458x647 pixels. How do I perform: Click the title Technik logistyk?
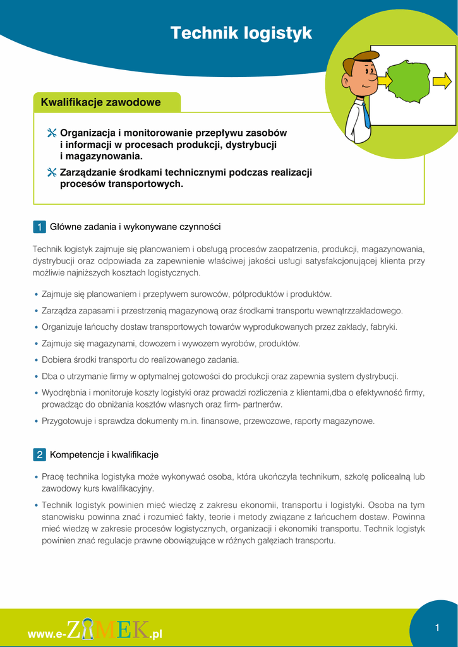click(x=241, y=33)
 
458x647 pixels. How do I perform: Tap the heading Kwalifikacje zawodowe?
click(x=100, y=102)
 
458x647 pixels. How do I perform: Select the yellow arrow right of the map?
click(x=443, y=82)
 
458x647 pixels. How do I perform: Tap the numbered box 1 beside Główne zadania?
click(x=39, y=227)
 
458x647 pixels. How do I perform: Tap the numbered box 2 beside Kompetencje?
click(x=39, y=454)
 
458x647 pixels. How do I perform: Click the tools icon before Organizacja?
click(x=52, y=133)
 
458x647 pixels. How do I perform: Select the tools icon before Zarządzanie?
click(x=52, y=172)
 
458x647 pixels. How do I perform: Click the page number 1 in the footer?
click(x=437, y=627)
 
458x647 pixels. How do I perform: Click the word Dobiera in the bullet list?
click(x=57, y=360)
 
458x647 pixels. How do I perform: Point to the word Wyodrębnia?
click(x=64, y=393)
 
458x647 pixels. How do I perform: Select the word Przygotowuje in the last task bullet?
click(x=68, y=421)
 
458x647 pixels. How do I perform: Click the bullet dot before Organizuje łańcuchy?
click(x=36, y=327)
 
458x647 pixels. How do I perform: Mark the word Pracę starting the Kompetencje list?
click(x=52, y=477)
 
